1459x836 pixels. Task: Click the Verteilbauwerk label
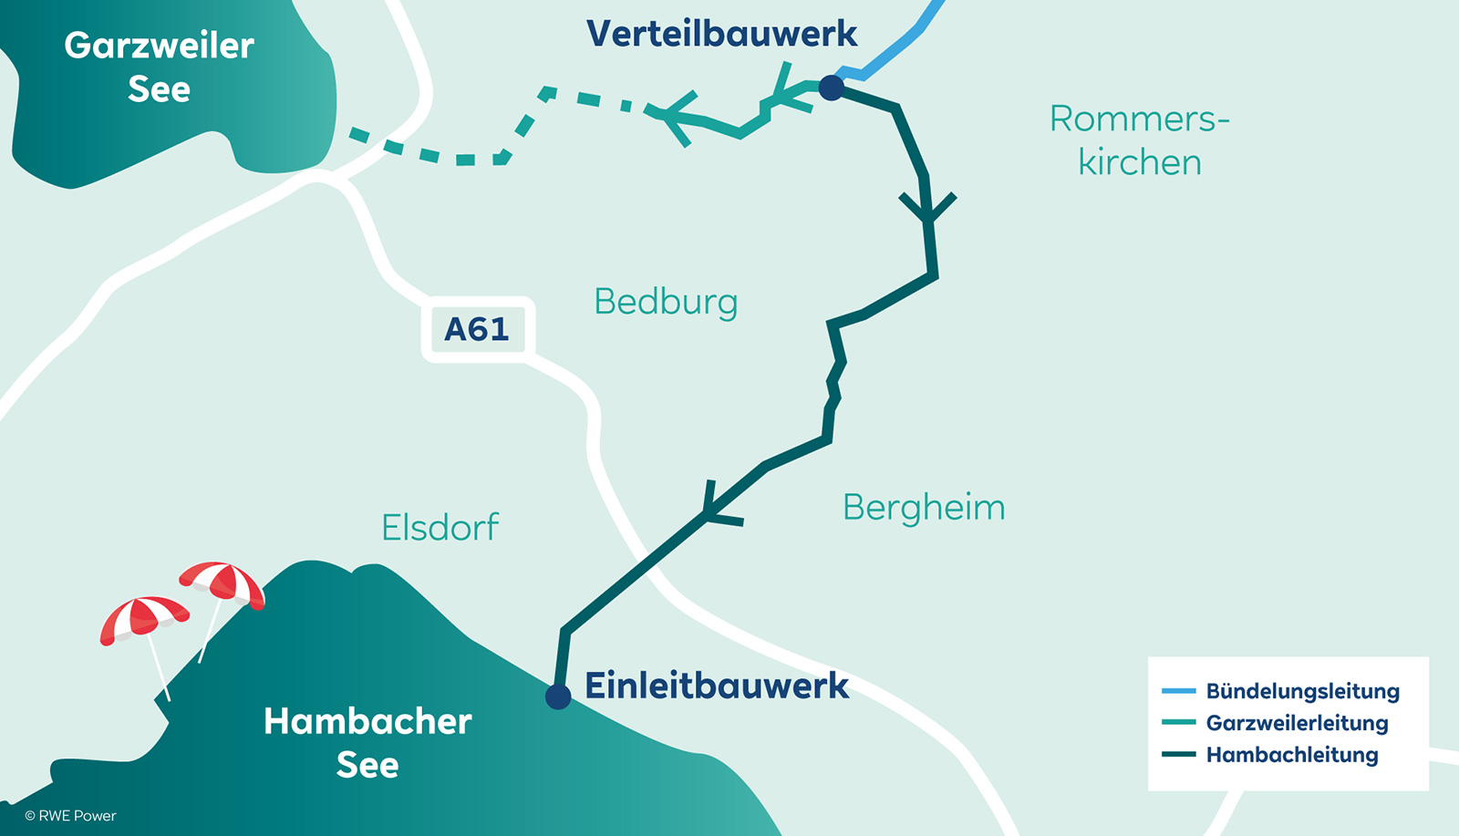[x=721, y=34]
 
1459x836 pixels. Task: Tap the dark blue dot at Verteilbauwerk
[x=831, y=88]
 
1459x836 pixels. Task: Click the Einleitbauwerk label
[x=717, y=686]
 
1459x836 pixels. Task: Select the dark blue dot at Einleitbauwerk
[x=558, y=697]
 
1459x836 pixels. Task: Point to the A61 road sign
[x=477, y=329]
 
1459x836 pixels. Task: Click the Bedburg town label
[x=666, y=302]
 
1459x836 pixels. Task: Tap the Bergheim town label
[x=924, y=508]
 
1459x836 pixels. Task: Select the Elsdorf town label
[x=440, y=528]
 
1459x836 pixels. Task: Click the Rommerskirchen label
[x=1139, y=140]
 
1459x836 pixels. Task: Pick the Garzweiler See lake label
[x=159, y=67]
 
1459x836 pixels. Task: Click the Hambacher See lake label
[x=367, y=742]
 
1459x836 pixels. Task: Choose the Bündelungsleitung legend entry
[x=1301, y=691]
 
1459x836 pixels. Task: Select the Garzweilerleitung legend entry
[x=1296, y=723]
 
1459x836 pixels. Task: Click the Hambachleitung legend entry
[x=1291, y=755]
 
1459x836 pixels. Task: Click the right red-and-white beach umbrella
[x=222, y=583]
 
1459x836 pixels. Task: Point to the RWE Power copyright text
[x=71, y=816]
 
